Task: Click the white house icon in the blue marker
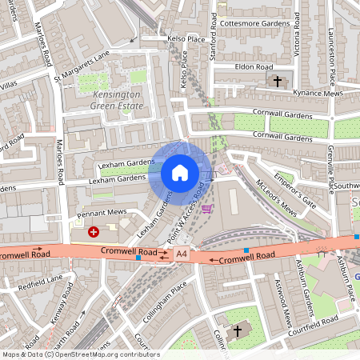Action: (x=180, y=173)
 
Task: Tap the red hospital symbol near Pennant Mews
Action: (x=94, y=232)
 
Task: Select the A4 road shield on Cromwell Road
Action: (x=182, y=254)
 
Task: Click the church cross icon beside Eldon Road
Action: (x=278, y=81)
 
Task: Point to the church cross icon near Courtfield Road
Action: (x=238, y=330)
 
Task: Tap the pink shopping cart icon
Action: (x=207, y=210)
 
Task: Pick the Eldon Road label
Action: (x=254, y=67)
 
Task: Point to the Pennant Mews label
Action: (x=102, y=215)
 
